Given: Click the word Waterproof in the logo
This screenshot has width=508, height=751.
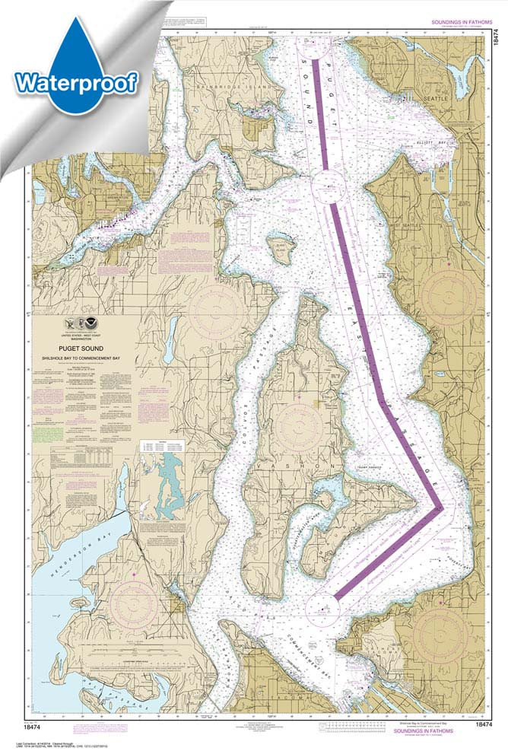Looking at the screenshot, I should pos(75,81).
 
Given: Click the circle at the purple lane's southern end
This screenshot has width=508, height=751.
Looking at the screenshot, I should pos(324,606).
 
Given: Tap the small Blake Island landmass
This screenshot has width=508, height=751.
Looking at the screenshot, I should pos(281,249).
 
